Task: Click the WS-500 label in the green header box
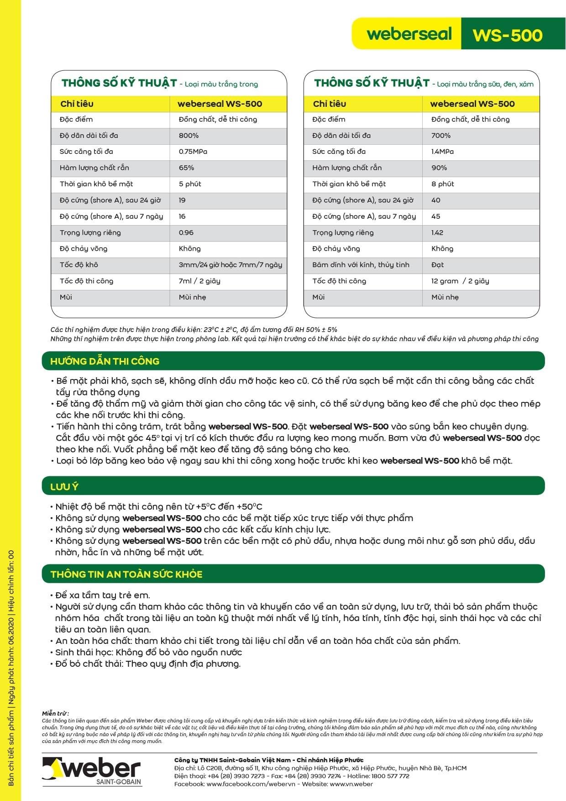point(507,35)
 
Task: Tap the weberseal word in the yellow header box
point(409,34)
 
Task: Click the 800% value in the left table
point(189,136)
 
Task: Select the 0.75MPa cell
point(193,152)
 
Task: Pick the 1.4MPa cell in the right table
point(442,152)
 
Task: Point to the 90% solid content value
point(439,168)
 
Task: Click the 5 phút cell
point(190,184)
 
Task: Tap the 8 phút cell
point(442,184)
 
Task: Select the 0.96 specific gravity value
point(186,232)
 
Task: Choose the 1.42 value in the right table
point(437,232)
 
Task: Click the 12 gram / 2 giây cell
point(460,281)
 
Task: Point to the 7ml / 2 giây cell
point(199,281)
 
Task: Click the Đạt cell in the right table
point(437,265)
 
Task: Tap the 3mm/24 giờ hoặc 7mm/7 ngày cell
point(230,265)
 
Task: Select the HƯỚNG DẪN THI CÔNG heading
point(105,361)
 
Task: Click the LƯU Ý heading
point(64,487)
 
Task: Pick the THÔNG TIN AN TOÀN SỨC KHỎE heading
point(126,574)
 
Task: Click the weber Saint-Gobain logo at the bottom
point(92,771)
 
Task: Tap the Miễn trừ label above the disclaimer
point(55,713)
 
